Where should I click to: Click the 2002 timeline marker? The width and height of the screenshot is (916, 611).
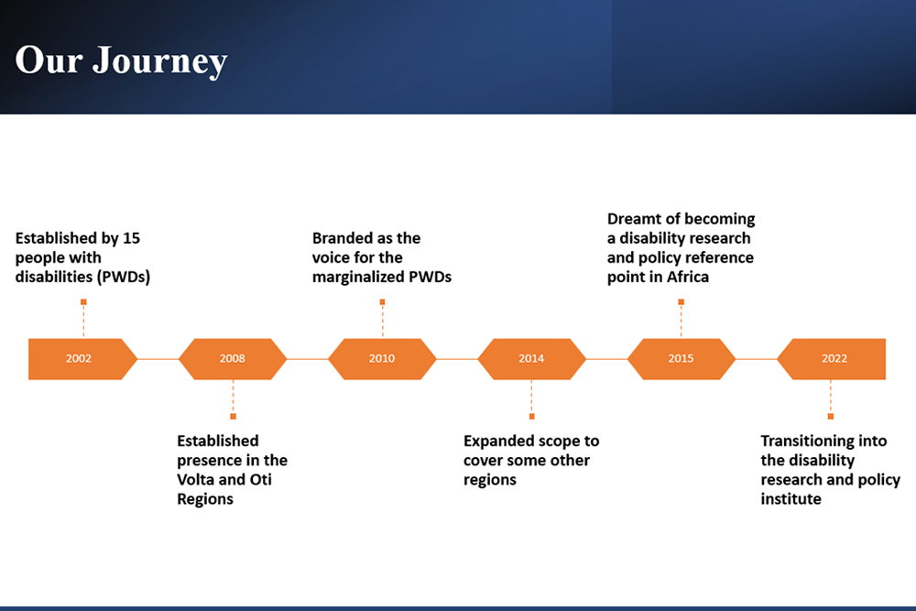pos(79,358)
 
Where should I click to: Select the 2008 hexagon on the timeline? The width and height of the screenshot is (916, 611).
pos(233,358)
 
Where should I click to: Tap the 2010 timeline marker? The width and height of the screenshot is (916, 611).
pos(382,358)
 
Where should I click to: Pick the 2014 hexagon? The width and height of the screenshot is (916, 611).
pos(531,358)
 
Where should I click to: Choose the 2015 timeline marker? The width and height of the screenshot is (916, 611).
pos(681,358)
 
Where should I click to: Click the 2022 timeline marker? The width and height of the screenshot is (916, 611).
pos(834,358)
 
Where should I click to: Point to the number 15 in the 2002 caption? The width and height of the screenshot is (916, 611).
pos(132,238)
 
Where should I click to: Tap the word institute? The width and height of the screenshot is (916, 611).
pos(791,498)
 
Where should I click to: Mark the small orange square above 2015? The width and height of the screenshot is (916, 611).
pos(681,301)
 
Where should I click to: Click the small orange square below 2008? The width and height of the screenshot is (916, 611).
pos(233,416)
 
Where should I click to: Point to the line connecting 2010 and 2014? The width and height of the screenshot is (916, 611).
pos(456,358)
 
